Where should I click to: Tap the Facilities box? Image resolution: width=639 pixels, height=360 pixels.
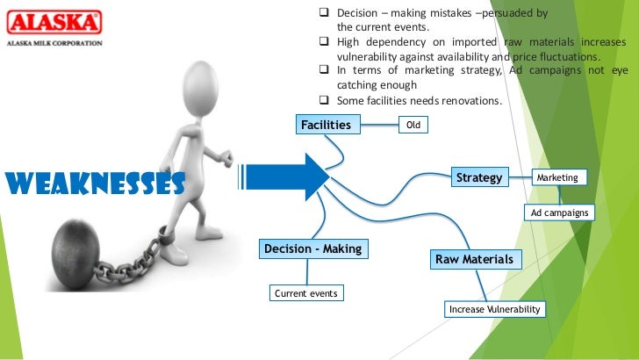click(326, 125)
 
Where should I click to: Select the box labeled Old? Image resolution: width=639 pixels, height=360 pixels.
click(413, 126)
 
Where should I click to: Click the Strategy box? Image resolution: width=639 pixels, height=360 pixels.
click(479, 177)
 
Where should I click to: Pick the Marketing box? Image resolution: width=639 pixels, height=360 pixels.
click(557, 177)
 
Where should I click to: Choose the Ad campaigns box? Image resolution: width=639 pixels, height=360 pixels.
click(559, 212)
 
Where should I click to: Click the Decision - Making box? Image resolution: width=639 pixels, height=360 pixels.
click(312, 249)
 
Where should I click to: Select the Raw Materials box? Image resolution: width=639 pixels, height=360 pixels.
click(474, 259)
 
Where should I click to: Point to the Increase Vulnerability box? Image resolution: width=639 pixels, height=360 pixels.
click(495, 309)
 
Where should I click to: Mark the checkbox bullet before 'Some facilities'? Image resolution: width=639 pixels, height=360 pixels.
click(323, 100)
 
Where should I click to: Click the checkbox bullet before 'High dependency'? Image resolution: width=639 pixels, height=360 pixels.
click(323, 42)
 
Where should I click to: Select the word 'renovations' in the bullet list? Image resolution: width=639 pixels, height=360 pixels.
click(470, 100)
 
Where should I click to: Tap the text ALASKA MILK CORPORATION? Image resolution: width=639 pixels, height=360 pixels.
click(54, 42)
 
